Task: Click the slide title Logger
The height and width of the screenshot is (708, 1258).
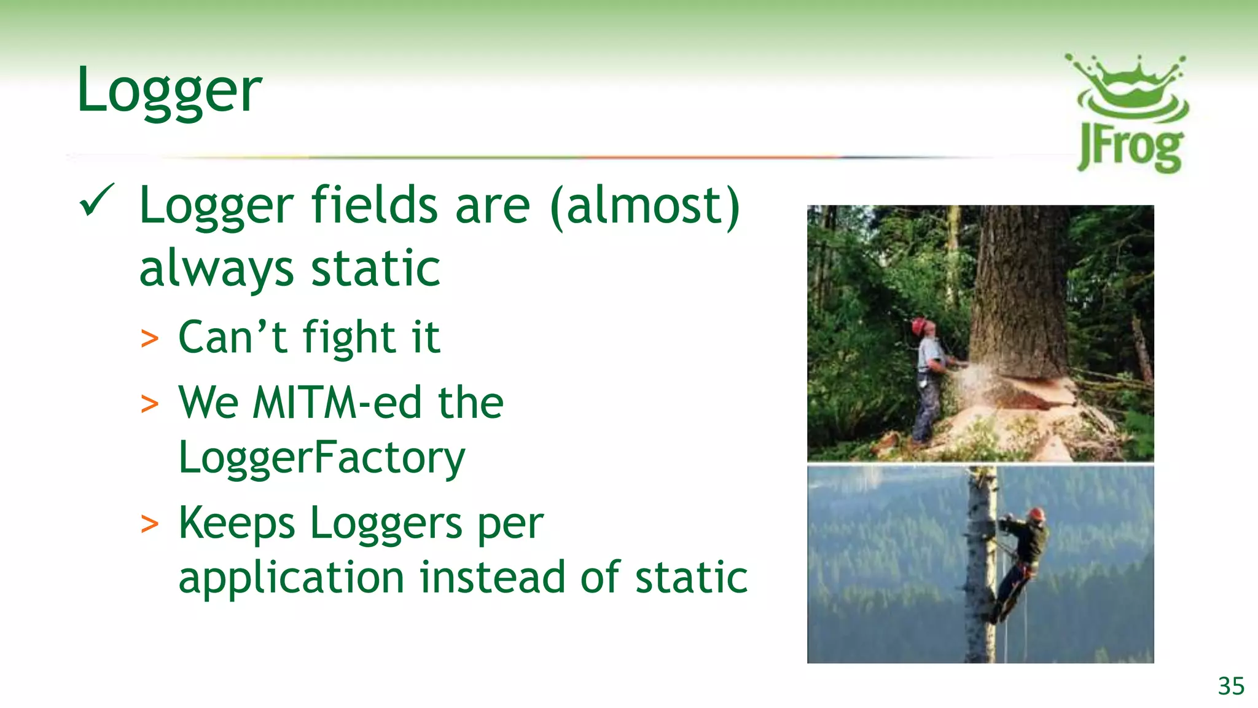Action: coord(170,91)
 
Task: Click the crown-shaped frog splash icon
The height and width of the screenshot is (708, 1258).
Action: coord(1129,86)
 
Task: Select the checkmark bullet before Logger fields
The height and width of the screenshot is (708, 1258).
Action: coord(96,200)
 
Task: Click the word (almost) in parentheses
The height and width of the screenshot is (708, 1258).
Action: coord(645,206)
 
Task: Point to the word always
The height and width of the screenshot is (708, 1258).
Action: coord(216,269)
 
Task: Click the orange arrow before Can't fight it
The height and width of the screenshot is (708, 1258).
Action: coord(149,339)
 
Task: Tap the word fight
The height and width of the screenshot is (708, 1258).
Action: coord(349,338)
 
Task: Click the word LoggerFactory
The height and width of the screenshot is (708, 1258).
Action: coord(322,458)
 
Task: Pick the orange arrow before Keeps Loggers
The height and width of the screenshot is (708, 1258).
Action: coord(149,524)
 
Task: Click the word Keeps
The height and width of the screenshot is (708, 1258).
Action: coord(236,523)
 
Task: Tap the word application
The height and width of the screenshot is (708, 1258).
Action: coord(291,578)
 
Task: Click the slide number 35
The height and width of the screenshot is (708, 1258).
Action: coord(1230,686)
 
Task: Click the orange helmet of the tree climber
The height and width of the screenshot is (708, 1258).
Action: coord(1037,513)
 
